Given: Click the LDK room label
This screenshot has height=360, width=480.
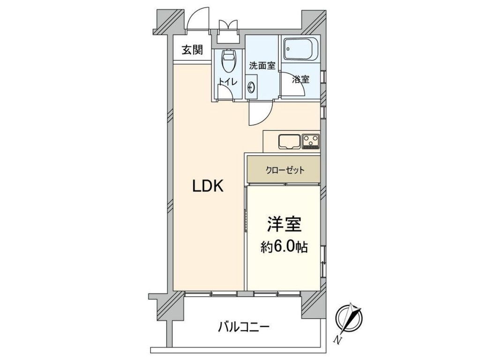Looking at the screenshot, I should coord(208,186).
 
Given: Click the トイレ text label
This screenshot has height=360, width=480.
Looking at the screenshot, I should coord(228,82).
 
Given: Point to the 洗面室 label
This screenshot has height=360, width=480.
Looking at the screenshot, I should coord(262,66).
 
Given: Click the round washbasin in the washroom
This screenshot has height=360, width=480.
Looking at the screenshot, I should coord(252,87).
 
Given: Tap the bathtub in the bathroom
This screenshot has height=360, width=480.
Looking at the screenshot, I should coord(300,49).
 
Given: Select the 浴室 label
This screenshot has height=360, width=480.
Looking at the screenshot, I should coord(300,79).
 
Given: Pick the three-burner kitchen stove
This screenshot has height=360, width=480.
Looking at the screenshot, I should coord(310,141).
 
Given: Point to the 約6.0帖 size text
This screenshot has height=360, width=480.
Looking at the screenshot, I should coord(284,247).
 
